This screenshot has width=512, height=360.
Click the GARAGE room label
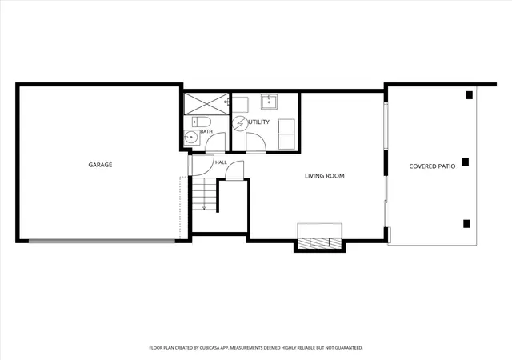pyautogui.click(x=100, y=165)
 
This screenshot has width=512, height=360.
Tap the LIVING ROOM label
pyautogui.click(x=325, y=176)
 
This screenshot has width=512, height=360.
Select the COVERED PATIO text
pyautogui.click(x=432, y=166)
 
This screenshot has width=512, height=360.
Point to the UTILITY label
pyautogui.click(x=259, y=122)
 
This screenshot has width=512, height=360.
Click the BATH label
pyautogui.click(x=206, y=131)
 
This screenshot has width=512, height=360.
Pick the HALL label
pyautogui.click(x=221, y=162)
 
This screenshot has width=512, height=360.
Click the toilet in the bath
pyautogui.click(x=201, y=122)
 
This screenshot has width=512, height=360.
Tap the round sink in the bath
pyautogui.click(x=191, y=138)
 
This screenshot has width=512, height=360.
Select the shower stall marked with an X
pyautogui.click(x=206, y=104)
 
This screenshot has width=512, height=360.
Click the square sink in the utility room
pyautogui.click(x=269, y=102)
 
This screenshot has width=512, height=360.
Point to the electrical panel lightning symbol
pyautogui.click(x=240, y=124)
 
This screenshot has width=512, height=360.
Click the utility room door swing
pyautogui.click(x=256, y=142)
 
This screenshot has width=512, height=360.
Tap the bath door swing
pyautogui.click(x=215, y=142)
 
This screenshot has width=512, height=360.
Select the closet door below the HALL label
pyautogui.click(x=234, y=170)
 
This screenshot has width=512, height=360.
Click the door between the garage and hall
pyautogui.click(x=200, y=166)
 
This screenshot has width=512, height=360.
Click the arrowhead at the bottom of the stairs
pyautogui.click(x=205, y=208)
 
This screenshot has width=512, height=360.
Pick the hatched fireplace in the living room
pyautogui.click(x=320, y=243)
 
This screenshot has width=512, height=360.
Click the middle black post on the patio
pyautogui.click(x=466, y=162)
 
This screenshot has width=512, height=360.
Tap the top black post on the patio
pyautogui.click(x=470, y=95)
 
